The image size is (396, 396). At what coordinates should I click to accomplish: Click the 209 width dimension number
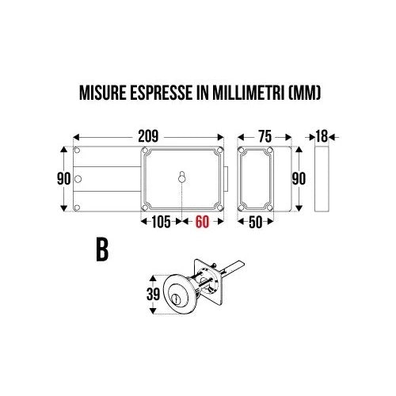(x=148, y=136)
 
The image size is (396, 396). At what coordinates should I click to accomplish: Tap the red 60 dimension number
(x=202, y=222)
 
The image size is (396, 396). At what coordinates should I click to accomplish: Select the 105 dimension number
(x=161, y=222)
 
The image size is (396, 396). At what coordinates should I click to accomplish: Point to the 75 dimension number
(x=265, y=136)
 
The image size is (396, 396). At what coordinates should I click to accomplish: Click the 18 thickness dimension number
(x=322, y=136)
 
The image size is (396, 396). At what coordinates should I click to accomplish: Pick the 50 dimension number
(x=256, y=222)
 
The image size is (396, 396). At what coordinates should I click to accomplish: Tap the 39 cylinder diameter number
(x=153, y=294)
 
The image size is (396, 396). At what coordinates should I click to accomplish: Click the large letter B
(x=102, y=250)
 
